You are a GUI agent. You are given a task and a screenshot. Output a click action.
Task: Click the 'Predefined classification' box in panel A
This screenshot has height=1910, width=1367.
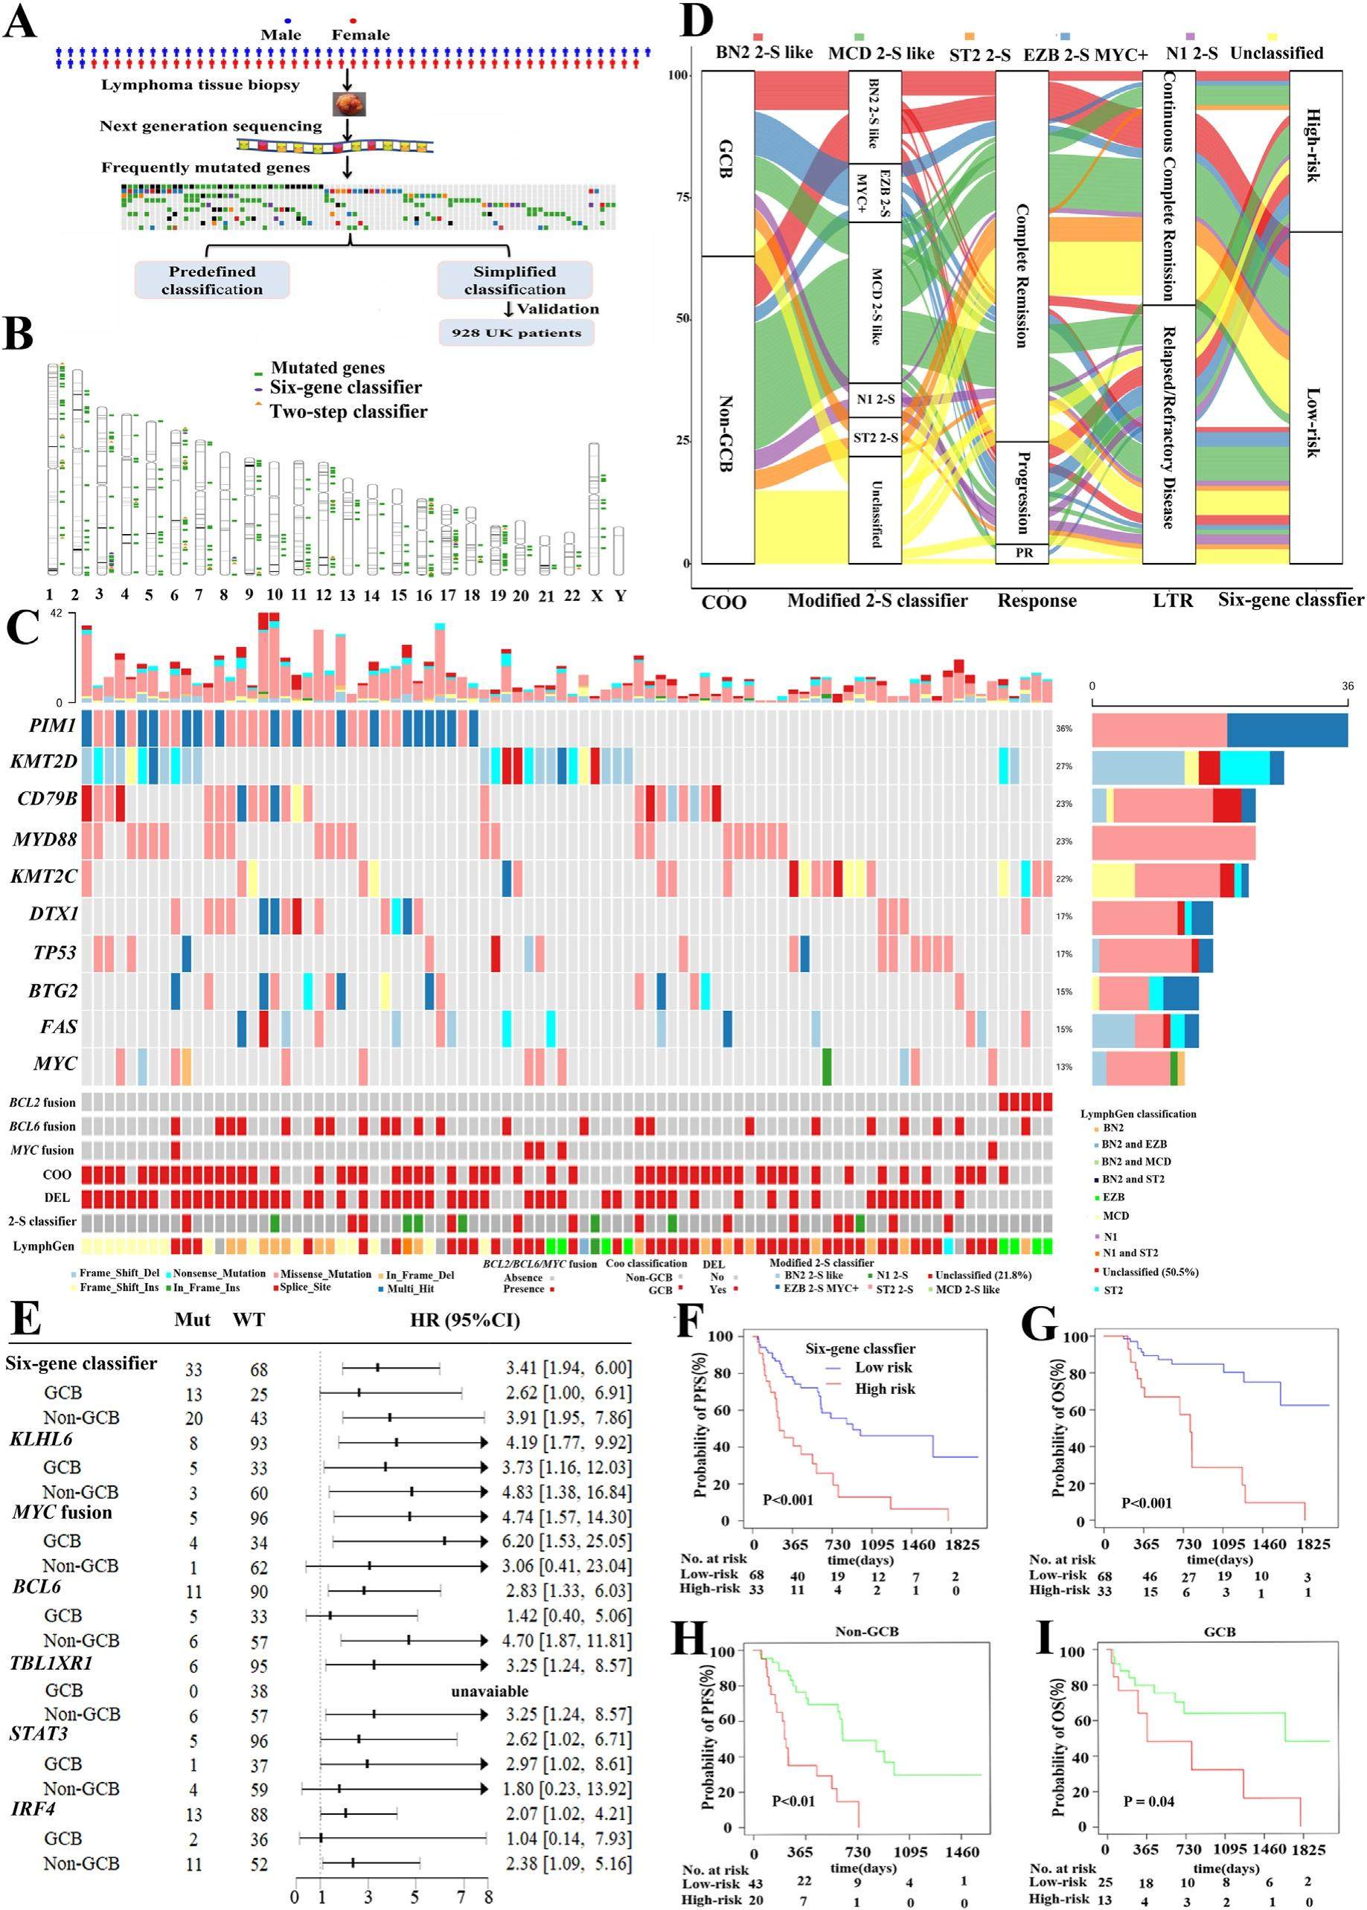212,280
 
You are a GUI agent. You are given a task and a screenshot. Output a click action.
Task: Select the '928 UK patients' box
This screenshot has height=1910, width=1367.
516,332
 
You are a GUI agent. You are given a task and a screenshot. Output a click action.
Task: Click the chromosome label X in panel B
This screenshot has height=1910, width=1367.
596,595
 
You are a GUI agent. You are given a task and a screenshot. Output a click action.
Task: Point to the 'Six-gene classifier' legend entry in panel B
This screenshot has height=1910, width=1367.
345,388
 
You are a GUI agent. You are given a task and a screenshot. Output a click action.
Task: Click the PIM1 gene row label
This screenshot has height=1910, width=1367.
53,725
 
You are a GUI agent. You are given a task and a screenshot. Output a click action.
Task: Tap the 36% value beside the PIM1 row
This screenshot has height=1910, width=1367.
1064,729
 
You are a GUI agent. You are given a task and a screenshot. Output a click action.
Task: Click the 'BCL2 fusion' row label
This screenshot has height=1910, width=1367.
42,1102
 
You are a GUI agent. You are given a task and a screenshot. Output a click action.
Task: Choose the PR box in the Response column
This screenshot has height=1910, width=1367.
1022,553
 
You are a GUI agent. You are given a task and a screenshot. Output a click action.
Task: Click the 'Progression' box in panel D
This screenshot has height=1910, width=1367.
1022,492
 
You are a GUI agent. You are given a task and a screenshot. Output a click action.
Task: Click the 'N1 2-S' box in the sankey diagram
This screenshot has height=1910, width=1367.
875,399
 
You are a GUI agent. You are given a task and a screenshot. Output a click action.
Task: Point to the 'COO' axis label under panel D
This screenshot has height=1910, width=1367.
724,602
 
